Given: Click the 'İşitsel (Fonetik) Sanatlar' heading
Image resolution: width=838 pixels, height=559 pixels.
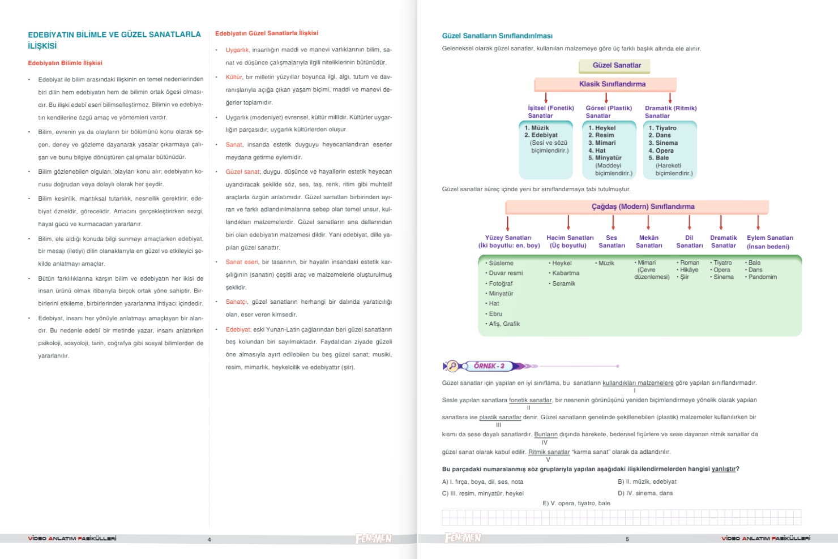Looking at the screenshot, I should pos(550,111).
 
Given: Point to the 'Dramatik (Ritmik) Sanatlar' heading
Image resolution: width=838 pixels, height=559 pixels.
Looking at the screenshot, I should pos(670,111).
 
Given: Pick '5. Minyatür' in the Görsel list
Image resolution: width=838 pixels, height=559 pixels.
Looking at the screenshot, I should pos(605,158).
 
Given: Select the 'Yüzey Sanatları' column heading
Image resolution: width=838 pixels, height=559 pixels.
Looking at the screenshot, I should pos(508,242).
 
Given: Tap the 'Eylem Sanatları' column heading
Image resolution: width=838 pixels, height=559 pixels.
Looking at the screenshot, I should pos(769,242).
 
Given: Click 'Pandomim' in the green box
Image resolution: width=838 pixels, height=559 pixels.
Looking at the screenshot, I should pos(762,277).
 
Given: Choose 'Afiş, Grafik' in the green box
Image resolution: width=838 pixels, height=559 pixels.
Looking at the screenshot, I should pos(503,324).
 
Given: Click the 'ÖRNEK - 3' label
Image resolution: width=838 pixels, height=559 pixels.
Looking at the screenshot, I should pos(489,366).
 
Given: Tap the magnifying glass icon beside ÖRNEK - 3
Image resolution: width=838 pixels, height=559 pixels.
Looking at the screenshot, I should pos(452,366).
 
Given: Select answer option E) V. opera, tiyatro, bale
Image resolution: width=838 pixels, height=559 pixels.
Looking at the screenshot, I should pos(576,504).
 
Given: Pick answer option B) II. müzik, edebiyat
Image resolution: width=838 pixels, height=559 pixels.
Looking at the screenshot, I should pos(647,482).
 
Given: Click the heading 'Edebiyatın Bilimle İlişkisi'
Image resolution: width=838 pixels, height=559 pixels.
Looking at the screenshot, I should pos(65,63).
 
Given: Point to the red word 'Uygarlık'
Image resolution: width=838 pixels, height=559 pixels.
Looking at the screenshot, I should pos(237,50).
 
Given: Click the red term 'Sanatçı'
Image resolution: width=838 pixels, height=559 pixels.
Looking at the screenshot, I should pos(236,302).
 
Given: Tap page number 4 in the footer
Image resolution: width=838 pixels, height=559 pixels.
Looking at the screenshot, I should pos(209,540).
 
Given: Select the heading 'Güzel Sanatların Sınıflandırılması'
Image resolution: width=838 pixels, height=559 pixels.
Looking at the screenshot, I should pos(497,36).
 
